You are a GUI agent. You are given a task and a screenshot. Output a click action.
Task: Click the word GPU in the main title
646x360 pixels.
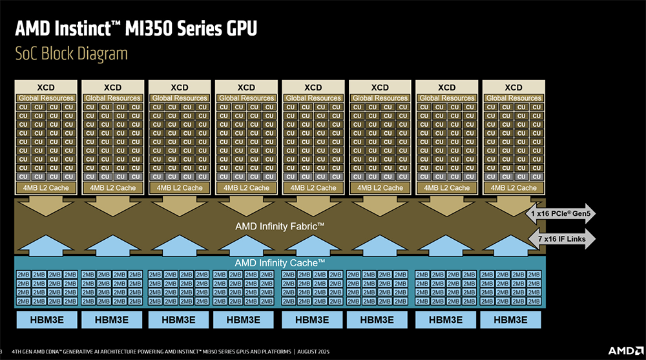(236, 28)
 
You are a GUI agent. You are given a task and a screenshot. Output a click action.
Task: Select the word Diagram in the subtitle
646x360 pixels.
(98, 54)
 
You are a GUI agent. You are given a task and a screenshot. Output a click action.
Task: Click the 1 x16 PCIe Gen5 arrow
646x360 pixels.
(561, 213)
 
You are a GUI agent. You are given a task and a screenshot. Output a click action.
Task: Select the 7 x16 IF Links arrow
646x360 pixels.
(561, 239)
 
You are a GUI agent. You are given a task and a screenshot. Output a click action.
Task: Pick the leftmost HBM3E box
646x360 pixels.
(46, 319)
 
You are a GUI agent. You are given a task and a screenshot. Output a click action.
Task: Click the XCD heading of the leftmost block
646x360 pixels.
(46, 87)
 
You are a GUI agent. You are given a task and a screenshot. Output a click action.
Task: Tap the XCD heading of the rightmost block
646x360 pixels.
(513, 87)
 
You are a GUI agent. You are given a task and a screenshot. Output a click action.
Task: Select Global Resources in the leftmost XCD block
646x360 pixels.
(46, 98)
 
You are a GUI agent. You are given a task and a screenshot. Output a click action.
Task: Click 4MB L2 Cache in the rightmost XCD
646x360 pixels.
(513, 187)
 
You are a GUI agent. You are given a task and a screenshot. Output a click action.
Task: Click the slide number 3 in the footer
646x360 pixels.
(2, 351)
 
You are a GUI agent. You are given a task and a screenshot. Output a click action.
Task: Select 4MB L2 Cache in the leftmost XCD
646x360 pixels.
(46, 187)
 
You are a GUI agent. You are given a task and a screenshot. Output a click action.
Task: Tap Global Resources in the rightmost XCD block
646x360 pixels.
(513, 98)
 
